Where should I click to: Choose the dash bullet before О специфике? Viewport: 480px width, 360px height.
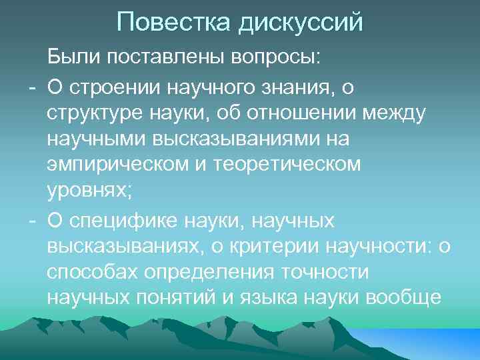click(x=31, y=221)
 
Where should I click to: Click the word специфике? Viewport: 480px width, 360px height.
click(x=134, y=220)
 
